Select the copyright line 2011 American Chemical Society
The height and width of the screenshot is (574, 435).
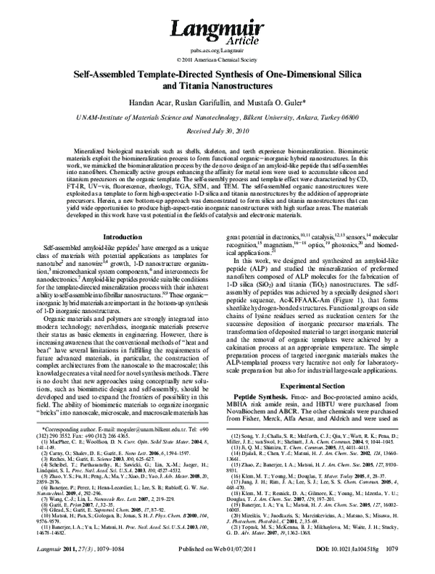tap(220, 59)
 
